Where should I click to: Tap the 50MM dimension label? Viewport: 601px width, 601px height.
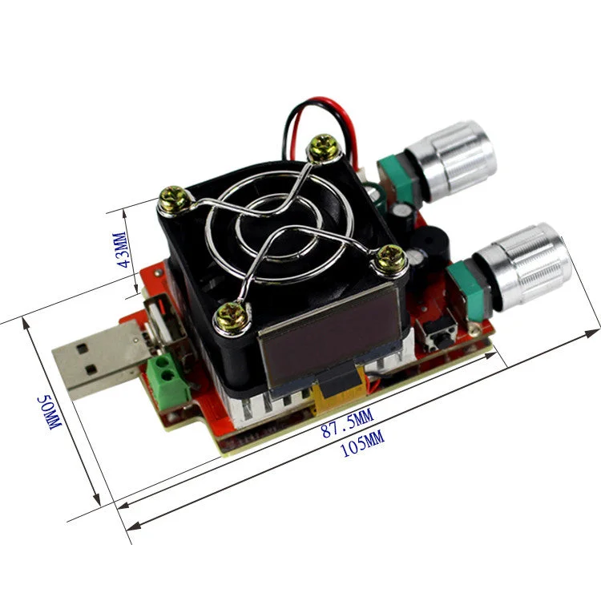(50, 413)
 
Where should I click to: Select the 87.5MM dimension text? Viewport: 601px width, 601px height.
(347, 423)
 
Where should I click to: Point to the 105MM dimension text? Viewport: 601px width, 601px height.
(362, 444)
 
